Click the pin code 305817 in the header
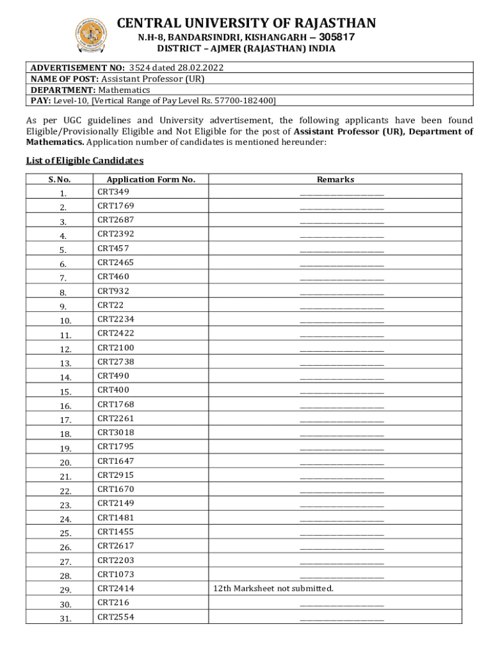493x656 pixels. pos(333,37)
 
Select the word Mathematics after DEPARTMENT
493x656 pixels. pos(124,90)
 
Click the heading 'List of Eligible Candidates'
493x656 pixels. pos(85,161)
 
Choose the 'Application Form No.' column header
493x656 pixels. pos(150,180)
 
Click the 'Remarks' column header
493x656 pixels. pos(335,180)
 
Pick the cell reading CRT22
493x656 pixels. pos(106,306)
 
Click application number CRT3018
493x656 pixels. pos(115,433)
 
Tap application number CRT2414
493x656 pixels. pos(115,589)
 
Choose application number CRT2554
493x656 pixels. pos(115,617)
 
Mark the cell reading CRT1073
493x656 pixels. pos(115,575)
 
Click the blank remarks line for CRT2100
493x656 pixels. pos(341,350)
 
